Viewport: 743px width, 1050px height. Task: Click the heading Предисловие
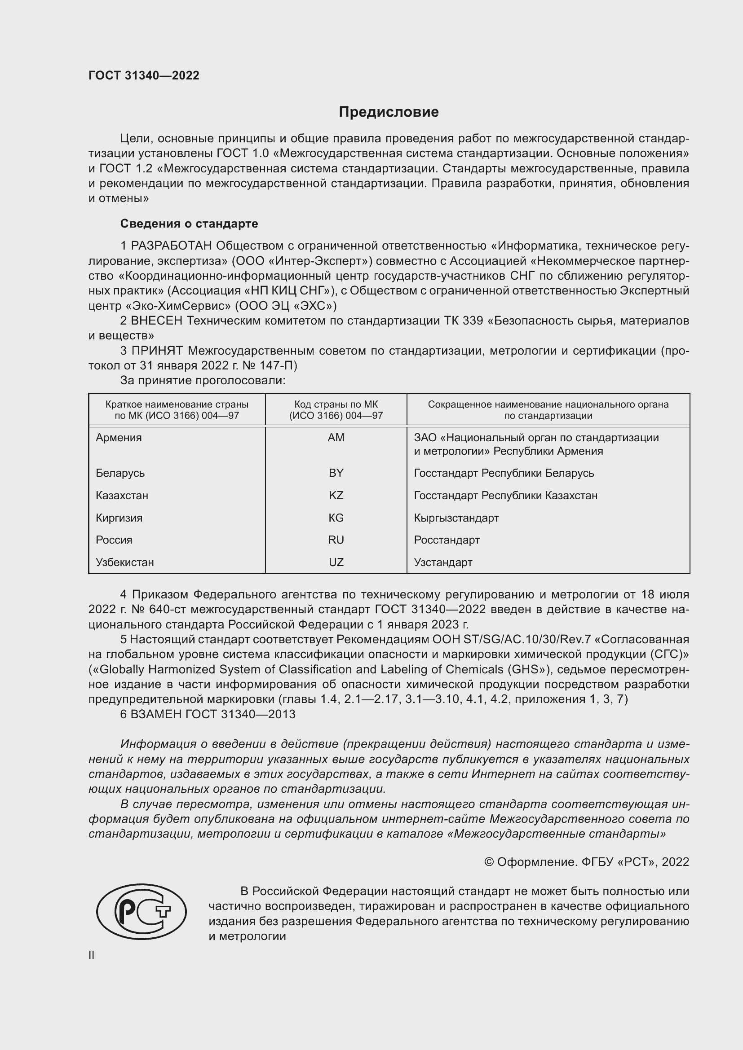pos(389,112)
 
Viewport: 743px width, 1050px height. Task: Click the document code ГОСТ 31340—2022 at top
pos(144,75)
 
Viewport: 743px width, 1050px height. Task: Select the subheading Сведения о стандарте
pos(189,224)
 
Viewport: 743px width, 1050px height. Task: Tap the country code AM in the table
pos(336,438)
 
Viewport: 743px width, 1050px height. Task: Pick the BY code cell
pos(336,473)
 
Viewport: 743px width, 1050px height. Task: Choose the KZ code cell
pos(336,495)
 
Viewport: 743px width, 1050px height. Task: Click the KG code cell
pos(336,518)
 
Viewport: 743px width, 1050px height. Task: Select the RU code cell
pos(336,540)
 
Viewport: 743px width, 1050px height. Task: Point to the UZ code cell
pos(336,562)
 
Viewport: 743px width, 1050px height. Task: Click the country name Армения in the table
pos(119,438)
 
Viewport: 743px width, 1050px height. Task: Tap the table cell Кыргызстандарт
pos(456,518)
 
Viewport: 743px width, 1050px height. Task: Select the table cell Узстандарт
pos(443,562)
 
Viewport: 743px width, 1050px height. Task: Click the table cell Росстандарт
pos(447,540)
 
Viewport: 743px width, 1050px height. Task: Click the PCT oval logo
pos(142,911)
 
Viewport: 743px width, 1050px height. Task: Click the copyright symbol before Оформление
pos(489,862)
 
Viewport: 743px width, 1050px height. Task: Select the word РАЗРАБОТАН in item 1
pos(172,246)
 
